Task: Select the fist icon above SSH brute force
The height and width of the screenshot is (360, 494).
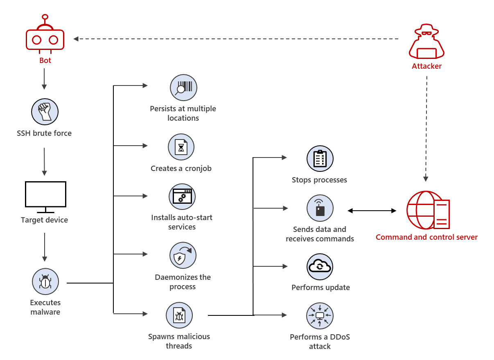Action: coord(45,111)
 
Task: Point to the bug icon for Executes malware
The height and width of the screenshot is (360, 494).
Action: coord(45,281)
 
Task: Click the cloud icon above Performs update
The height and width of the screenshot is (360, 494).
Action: coord(320,266)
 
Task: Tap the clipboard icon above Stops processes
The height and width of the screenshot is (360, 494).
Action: coord(320,159)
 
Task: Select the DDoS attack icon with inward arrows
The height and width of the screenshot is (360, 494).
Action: coord(320,315)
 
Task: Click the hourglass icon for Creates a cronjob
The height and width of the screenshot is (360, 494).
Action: coord(181,147)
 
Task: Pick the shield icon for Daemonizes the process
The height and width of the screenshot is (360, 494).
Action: coord(183,255)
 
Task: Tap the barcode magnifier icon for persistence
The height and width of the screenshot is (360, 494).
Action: coord(184,88)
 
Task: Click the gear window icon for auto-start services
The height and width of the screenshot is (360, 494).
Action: coord(182,196)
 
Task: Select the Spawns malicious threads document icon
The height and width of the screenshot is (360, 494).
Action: coord(179,315)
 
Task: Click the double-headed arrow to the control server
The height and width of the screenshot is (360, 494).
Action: coord(372,211)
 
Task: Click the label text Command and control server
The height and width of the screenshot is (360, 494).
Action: coord(426,237)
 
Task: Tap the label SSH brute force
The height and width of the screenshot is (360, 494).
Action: coord(44,133)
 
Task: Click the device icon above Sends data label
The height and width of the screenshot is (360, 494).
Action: coord(320,208)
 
